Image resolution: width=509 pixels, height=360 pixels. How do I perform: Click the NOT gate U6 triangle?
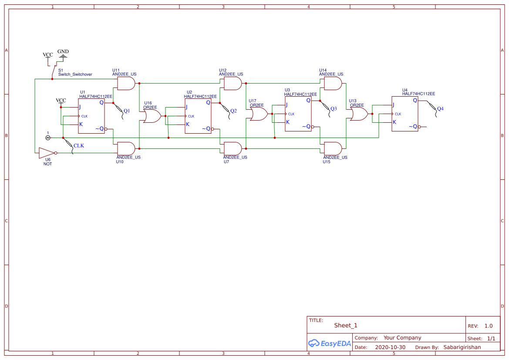click(46, 153)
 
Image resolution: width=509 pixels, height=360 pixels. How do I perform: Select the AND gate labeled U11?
click(126, 83)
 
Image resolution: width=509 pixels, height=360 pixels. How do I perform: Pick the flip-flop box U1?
click(91, 116)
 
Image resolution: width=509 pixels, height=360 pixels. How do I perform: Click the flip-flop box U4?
click(405, 114)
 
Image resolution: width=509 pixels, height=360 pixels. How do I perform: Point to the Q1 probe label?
click(127, 111)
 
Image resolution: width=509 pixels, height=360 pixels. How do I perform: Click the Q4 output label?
click(440, 108)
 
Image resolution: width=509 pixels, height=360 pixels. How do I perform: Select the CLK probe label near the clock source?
click(79, 146)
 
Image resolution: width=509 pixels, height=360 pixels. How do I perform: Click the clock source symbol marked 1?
click(48, 138)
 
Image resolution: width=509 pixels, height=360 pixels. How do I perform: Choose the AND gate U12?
click(233, 83)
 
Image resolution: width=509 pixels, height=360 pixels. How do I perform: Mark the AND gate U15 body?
click(333, 148)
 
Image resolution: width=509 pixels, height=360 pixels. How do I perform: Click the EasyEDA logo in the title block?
click(330, 343)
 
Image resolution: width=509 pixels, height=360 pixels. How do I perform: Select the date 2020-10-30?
click(390, 347)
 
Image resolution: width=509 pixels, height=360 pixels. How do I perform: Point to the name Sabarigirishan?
click(462, 347)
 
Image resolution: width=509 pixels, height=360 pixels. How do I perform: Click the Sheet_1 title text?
click(346, 326)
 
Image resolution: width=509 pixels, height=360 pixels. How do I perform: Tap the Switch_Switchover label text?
click(75, 74)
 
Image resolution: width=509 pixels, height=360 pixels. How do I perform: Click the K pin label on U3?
click(288, 122)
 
